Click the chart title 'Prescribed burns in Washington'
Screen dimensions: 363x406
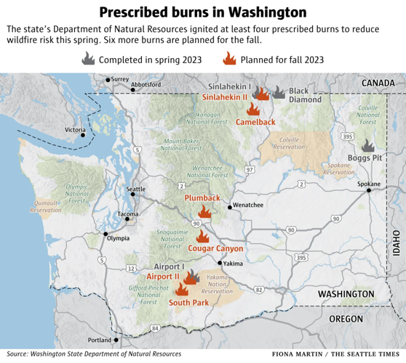tap(202, 12)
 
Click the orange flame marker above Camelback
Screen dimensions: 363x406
tap(253, 109)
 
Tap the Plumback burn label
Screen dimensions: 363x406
tap(202, 198)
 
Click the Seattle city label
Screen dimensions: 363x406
tap(136, 190)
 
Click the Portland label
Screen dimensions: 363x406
tap(99, 340)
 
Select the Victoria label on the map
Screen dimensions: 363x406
tap(75, 130)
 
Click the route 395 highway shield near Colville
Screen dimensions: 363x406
tap(349, 136)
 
